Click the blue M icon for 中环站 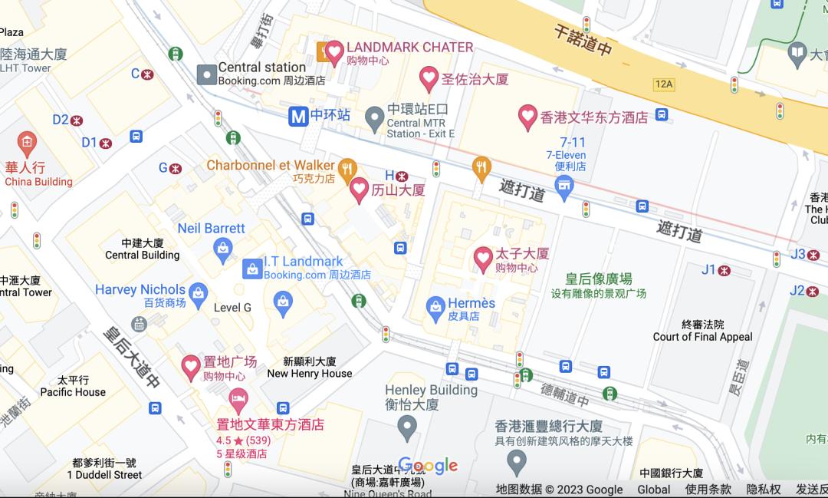pyautogui.click(x=298, y=116)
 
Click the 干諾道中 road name pyautogui.click(x=583, y=39)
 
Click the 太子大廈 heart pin pyautogui.click(x=483, y=259)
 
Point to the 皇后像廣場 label pyautogui.click(x=599, y=279)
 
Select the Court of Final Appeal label pyautogui.click(x=702, y=337)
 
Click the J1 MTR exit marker pyautogui.click(x=723, y=270)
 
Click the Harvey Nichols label pyautogui.click(x=140, y=289)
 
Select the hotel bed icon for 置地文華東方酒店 pyautogui.click(x=238, y=399)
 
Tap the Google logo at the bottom pyautogui.click(x=428, y=466)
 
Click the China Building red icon pyautogui.click(x=28, y=142)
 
